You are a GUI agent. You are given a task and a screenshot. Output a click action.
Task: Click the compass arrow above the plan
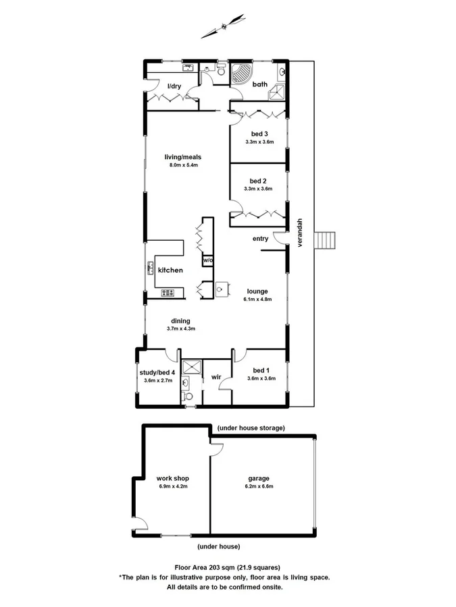tap(222, 26)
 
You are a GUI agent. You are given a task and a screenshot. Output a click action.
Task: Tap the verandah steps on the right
tap(326, 240)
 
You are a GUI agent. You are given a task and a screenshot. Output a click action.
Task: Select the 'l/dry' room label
tap(174, 86)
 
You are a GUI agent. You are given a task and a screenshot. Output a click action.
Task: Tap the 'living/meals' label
tap(183, 157)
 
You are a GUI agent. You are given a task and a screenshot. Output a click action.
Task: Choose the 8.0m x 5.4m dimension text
tap(183, 165)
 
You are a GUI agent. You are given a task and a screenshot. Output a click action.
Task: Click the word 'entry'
tap(261, 239)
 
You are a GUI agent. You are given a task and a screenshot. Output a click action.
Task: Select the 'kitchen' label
tap(170, 270)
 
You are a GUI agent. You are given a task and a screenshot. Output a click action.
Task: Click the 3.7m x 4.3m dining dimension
tap(180, 329)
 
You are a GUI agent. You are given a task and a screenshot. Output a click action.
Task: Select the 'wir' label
tap(217, 378)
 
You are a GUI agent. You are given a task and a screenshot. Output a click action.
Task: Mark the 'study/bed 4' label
tap(158, 372)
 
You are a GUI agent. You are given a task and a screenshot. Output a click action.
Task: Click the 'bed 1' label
tap(260, 370)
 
